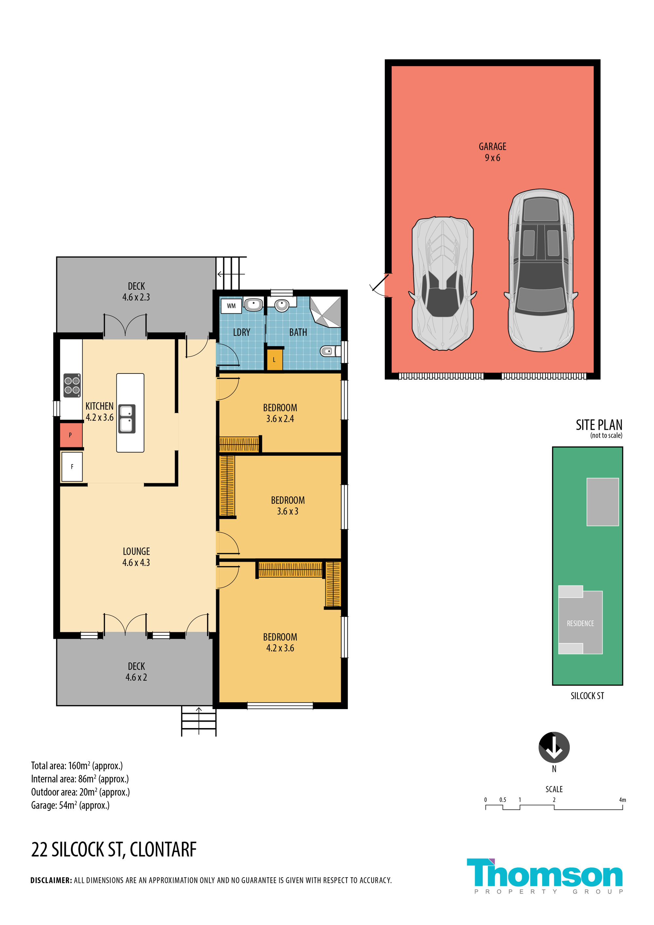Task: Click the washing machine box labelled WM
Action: pyautogui.click(x=231, y=306)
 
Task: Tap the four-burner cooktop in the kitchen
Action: pyautogui.click(x=72, y=386)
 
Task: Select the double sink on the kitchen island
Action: pyautogui.click(x=127, y=419)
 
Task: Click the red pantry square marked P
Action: pyautogui.click(x=71, y=435)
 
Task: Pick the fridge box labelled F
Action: pyautogui.click(x=72, y=466)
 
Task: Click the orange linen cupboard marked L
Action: pyautogui.click(x=275, y=359)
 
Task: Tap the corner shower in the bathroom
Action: pyautogui.click(x=325, y=311)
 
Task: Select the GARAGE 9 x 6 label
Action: pyautogui.click(x=492, y=152)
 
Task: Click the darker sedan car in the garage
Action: pyautogui.click(x=541, y=270)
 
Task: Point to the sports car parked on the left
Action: pyautogui.click(x=442, y=284)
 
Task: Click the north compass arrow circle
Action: pyautogui.click(x=554, y=747)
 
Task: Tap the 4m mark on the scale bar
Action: pyautogui.click(x=623, y=800)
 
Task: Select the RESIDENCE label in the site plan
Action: pyautogui.click(x=580, y=623)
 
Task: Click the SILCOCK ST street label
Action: pyautogui.click(x=587, y=696)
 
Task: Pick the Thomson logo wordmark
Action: pyautogui.click(x=545, y=873)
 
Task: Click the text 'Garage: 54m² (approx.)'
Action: pyautogui.click(x=71, y=805)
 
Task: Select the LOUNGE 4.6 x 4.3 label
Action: pyautogui.click(x=136, y=557)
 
